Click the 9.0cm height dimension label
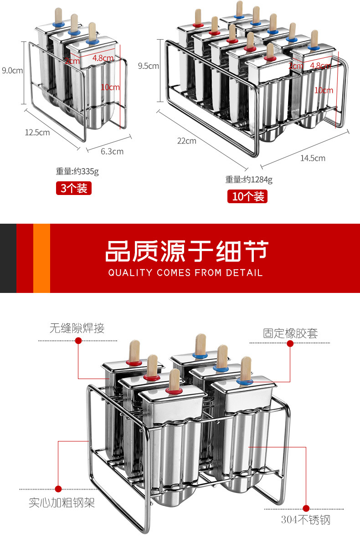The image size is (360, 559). [12, 70]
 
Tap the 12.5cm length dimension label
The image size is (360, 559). [37, 133]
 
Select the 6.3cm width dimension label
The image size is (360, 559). [112, 151]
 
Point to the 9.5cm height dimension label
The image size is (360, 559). [148, 66]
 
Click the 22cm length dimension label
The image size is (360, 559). [187, 141]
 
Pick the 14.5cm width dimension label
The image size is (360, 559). [313, 158]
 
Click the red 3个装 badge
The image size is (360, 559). [74, 188]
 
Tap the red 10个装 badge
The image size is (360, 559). [247, 196]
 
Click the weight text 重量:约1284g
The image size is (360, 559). [249, 179]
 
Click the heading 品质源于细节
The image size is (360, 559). [187, 251]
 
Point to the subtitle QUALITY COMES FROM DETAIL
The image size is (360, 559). [185, 273]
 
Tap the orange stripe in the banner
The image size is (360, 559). [41, 258]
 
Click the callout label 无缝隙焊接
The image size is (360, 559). [77, 328]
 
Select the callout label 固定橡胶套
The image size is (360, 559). [290, 333]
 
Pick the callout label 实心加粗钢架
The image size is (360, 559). [62, 503]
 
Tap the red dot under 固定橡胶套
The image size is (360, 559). [290, 344]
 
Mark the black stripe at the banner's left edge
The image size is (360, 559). [8, 258]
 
